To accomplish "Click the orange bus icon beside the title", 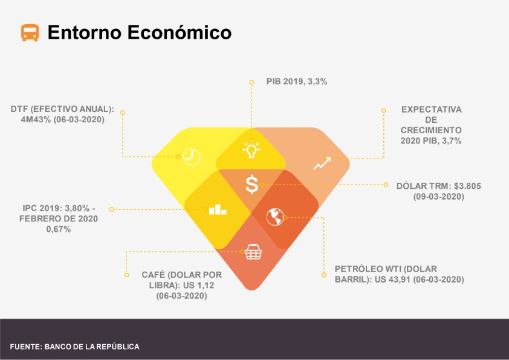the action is pos(30,33).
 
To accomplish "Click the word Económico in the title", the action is pos(179,32).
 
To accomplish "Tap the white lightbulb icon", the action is pos(251,150).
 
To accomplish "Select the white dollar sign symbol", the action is pos(252,185).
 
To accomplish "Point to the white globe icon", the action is pos(275,217).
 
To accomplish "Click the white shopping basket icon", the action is pos(253,252).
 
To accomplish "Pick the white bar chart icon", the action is pos(218,209).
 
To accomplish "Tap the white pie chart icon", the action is pos(192,157).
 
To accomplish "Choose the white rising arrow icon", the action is pos(322,163).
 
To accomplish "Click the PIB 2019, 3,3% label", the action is pos(297,82).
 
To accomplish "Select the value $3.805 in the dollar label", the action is pos(467,186).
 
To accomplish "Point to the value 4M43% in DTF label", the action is pos(36,120).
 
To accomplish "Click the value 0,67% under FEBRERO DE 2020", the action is pos(59,229).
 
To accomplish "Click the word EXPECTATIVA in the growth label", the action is pos(431,110).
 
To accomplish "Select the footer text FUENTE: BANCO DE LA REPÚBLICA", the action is pos(75,347).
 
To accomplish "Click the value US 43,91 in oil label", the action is pos(393,280).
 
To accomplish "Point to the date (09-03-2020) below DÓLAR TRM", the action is pos(438,197).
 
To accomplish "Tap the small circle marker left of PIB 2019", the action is pos(251,82).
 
